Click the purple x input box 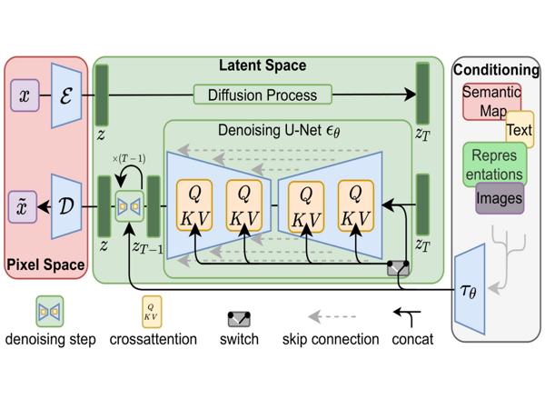24,95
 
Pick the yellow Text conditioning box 520,129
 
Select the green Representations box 494,165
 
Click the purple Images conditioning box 499,196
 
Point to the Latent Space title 263,65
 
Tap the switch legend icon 239,318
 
